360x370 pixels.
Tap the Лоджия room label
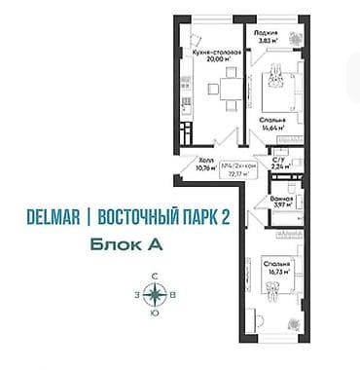tap(267, 32)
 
